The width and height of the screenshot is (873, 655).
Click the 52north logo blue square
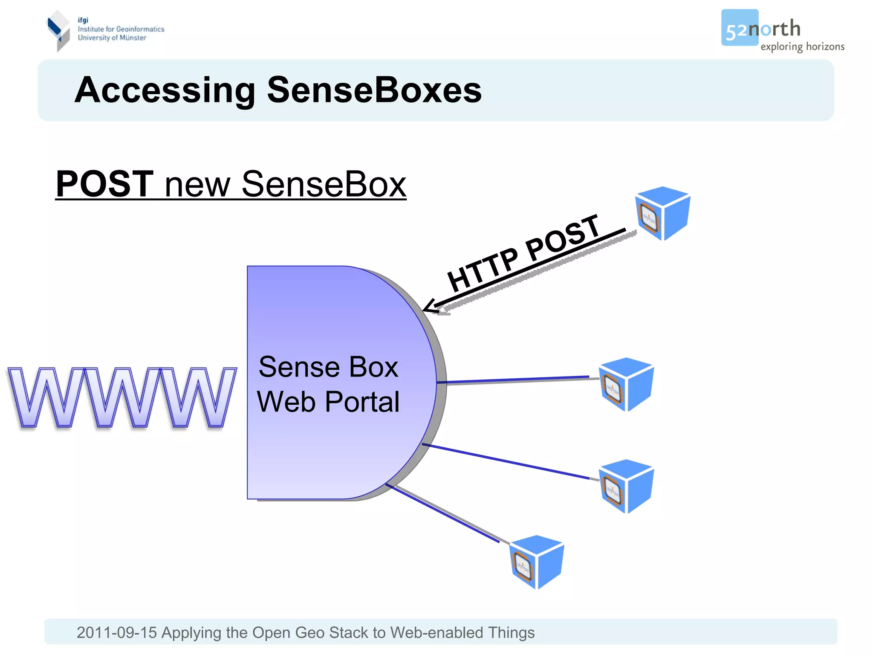coord(739,27)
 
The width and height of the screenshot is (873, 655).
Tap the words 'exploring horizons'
coord(802,46)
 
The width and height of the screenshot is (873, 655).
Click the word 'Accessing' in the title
coord(165,90)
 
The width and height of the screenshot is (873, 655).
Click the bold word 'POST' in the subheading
coord(104,184)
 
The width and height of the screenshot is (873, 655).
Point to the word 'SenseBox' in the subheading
coord(324,184)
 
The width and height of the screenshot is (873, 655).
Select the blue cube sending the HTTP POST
coord(662,213)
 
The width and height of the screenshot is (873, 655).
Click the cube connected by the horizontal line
coord(626,384)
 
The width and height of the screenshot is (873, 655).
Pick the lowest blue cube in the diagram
coord(537,562)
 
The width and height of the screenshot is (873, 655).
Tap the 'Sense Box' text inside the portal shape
coord(328,367)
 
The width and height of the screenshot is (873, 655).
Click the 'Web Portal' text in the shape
coord(328,402)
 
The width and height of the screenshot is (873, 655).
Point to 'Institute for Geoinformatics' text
coord(121,29)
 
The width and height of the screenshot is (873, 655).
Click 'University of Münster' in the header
coord(112,38)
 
